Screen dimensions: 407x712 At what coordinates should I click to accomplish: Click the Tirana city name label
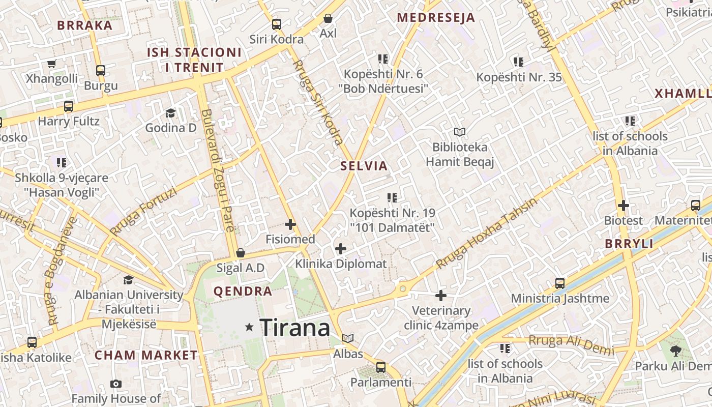tap(295, 328)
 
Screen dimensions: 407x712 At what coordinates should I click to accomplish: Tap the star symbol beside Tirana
tap(249, 328)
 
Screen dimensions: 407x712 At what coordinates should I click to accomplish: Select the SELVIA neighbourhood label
tap(364, 166)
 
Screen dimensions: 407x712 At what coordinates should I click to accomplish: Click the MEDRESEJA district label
tap(436, 18)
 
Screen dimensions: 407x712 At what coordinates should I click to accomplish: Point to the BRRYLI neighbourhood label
tap(629, 244)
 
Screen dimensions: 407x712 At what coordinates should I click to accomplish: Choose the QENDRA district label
tap(243, 292)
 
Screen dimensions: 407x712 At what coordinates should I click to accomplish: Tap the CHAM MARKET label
tap(146, 355)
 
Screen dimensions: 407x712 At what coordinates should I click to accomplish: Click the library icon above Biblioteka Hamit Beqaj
tap(460, 132)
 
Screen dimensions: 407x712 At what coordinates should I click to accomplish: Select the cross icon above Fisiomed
tap(290, 224)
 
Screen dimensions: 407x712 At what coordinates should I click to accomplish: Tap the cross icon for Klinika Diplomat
tap(341, 249)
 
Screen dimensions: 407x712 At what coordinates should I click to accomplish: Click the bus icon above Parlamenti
tap(381, 367)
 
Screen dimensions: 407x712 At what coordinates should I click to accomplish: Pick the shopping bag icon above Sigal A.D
tap(241, 253)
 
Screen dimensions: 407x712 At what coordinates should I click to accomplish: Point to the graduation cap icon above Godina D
tap(170, 113)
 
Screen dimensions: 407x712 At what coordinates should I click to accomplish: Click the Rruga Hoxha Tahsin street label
tap(487, 233)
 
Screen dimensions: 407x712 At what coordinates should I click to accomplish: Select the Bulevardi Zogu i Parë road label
tap(217, 170)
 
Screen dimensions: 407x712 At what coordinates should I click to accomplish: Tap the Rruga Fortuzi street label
tap(144, 211)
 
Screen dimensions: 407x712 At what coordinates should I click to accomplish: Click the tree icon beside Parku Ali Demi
tap(676, 351)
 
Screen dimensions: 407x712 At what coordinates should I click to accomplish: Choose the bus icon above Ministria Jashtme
tap(560, 283)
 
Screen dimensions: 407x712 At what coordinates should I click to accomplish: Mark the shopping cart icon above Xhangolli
tap(51, 64)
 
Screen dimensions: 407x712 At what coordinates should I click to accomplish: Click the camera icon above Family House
tap(116, 384)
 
